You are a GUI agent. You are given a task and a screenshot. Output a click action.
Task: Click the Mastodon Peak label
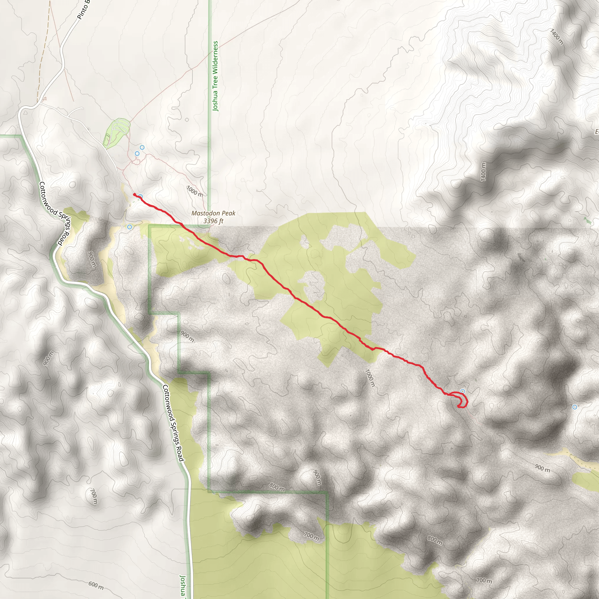pyautogui.click(x=213, y=213)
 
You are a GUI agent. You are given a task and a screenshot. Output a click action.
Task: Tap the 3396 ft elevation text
pyautogui.click(x=213, y=221)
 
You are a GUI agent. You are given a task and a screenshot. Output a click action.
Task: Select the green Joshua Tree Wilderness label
pyautogui.click(x=215, y=76)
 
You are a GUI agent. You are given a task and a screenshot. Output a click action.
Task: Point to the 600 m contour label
pyautogui.click(x=96, y=585)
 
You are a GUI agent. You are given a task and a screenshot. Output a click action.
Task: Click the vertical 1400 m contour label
pyautogui.click(x=483, y=172)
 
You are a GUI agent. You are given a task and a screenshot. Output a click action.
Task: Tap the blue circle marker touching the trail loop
pyautogui.click(x=463, y=391)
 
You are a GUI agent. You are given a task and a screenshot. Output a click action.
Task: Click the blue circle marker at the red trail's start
pyautogui.click(x=140, y=197)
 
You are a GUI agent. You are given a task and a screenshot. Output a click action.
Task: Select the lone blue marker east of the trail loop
pyautogui.click(x=575, y=407)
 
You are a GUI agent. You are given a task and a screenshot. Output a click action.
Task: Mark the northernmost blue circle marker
pyautogui.click(x=142, y=147)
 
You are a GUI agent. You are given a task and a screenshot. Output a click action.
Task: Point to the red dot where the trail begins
pyautogui.click(x=135, y=194)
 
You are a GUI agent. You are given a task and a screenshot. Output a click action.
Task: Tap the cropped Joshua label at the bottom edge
pyautogui.click(x=183, y=587)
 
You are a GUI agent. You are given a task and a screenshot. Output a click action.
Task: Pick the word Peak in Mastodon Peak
pyautogui.click(x=228, y=213)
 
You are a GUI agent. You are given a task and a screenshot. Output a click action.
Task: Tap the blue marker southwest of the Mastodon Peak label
pyautogui.click(x=130, y=227)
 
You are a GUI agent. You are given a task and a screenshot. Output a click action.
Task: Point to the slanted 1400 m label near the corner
pyautogui.click(x=557, y=37)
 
